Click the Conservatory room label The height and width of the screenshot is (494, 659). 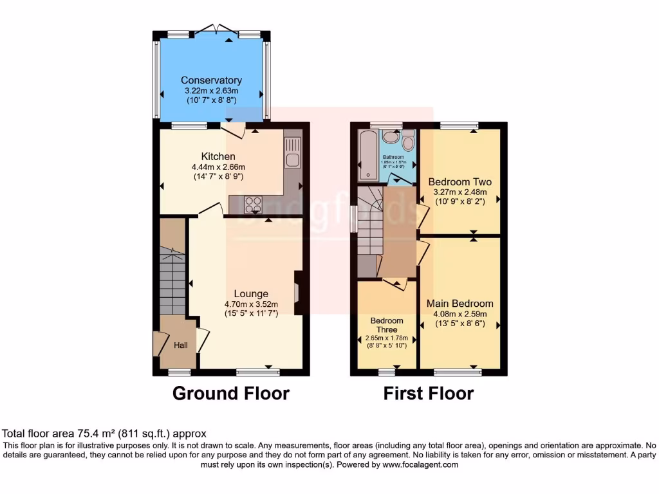tap(211, 80)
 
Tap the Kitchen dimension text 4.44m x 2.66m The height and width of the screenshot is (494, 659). tap(218, 167)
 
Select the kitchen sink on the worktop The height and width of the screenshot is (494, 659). tap(292, 160)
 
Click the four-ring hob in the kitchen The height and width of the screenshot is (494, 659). tap(253, 205)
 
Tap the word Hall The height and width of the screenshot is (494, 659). tap(181, 346)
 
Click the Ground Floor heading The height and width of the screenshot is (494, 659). tap(230, 393)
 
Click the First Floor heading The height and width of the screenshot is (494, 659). tap(429, 393)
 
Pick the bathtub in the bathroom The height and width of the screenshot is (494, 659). tap(368, 154)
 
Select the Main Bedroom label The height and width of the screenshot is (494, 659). tap(459, 304)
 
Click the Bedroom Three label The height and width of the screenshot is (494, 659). tap(387, 325)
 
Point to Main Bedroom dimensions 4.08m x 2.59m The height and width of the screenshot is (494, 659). tap(459, 314)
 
